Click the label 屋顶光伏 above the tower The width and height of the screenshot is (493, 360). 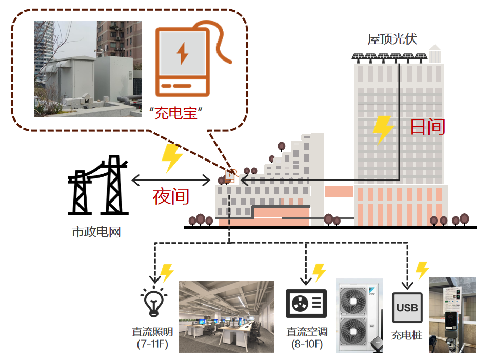coord(392,39)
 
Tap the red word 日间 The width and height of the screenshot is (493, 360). coord(427,126)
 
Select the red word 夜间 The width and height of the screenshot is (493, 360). coord(171,196)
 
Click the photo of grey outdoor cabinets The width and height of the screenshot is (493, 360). coord(87,69)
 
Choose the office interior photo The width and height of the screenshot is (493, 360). coord(226,316)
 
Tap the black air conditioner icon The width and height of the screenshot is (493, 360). coord(306,304)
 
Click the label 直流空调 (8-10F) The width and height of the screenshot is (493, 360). coord(306,337)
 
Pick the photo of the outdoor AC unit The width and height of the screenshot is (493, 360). coord(359,315)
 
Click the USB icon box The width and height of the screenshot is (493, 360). coord(407,308)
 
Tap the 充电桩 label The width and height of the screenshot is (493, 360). coord(407,336)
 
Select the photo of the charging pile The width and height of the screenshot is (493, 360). coord(452,315)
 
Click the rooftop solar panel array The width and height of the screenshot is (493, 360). coord(389,56)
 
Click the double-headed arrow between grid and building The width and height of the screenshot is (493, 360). coord(171,180)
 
